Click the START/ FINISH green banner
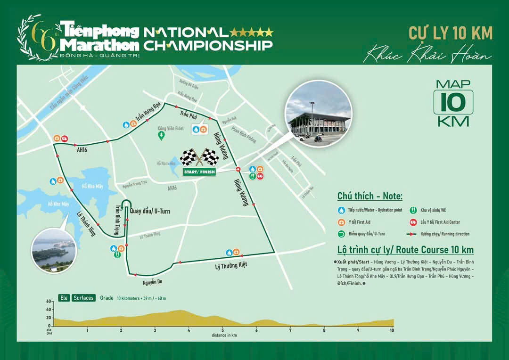(x=199, y=172)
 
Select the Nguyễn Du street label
(x=153, y=283)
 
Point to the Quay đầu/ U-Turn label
(x=149, y=212)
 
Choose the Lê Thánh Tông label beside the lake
(x=86, y=225)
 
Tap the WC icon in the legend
(x=413, y=211)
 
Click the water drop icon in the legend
(x=341, y=211)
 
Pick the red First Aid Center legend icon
(x=413, y=222)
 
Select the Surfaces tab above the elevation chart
(x=83, y=298)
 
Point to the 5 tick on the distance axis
(x=222, y=330)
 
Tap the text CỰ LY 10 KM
(x=450, y=33)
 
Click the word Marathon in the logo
(x=100, y=45)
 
